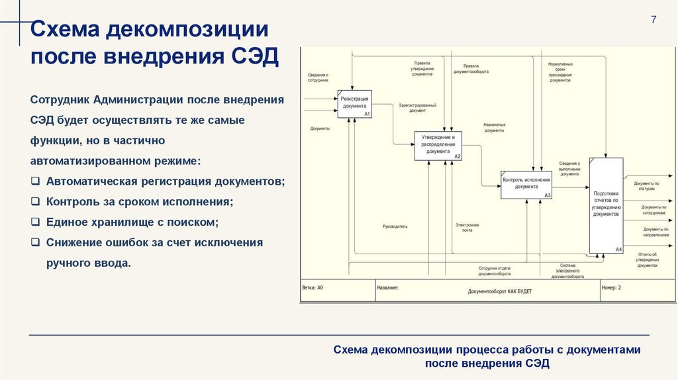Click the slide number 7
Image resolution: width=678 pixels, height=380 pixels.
[x=654, y=19]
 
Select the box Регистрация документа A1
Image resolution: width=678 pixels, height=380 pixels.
[x=355, y=104]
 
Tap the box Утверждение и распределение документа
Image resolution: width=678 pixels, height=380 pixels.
[x=438, y=146]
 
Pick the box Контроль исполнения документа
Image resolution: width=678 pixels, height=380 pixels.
[x=526, y=185]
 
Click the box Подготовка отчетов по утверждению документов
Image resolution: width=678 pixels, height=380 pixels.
[x=606, y=205]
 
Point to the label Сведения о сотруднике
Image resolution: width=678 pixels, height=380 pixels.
[x=318, y=77]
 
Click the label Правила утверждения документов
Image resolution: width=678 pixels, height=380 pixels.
[x=422, y=69]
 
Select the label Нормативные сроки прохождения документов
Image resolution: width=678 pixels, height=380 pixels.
[x=560, y=72]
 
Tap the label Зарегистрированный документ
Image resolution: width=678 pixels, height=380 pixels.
[x=417, y=108]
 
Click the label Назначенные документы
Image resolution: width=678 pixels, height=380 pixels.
[x=494, y=128]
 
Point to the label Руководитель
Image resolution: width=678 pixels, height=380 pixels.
[x=395, y=226]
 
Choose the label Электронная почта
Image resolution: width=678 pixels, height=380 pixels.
[x=467, y=228]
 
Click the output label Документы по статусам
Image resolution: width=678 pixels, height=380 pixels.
[x=646, y=186]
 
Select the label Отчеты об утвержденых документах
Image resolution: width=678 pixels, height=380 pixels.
[x=647, y=260]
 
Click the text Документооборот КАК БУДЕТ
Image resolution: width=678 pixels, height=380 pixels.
[x=499, y=291]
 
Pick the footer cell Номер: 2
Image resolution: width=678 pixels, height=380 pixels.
[x=611, y=289]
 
